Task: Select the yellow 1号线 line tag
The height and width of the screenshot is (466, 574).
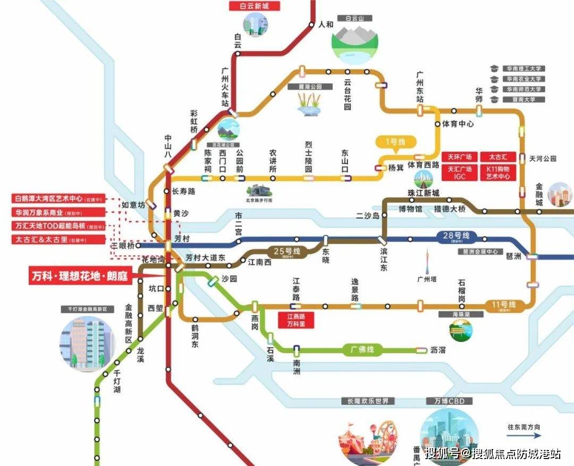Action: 395,142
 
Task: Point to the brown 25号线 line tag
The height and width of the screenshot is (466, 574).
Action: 287,251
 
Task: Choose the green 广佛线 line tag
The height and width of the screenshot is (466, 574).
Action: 362,350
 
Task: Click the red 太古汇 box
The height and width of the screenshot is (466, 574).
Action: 498,157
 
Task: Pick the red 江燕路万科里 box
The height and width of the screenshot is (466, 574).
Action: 296,320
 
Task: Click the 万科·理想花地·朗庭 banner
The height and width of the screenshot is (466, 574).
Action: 81,276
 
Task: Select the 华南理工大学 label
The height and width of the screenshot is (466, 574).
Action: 523,69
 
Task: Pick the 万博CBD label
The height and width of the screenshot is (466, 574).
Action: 442,401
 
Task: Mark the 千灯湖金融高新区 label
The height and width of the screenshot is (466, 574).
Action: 88,309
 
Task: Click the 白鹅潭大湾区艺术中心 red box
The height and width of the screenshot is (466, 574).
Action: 58,198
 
